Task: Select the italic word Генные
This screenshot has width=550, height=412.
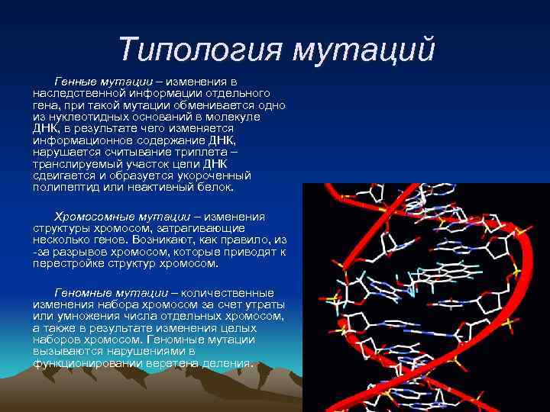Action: coord(76,80)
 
